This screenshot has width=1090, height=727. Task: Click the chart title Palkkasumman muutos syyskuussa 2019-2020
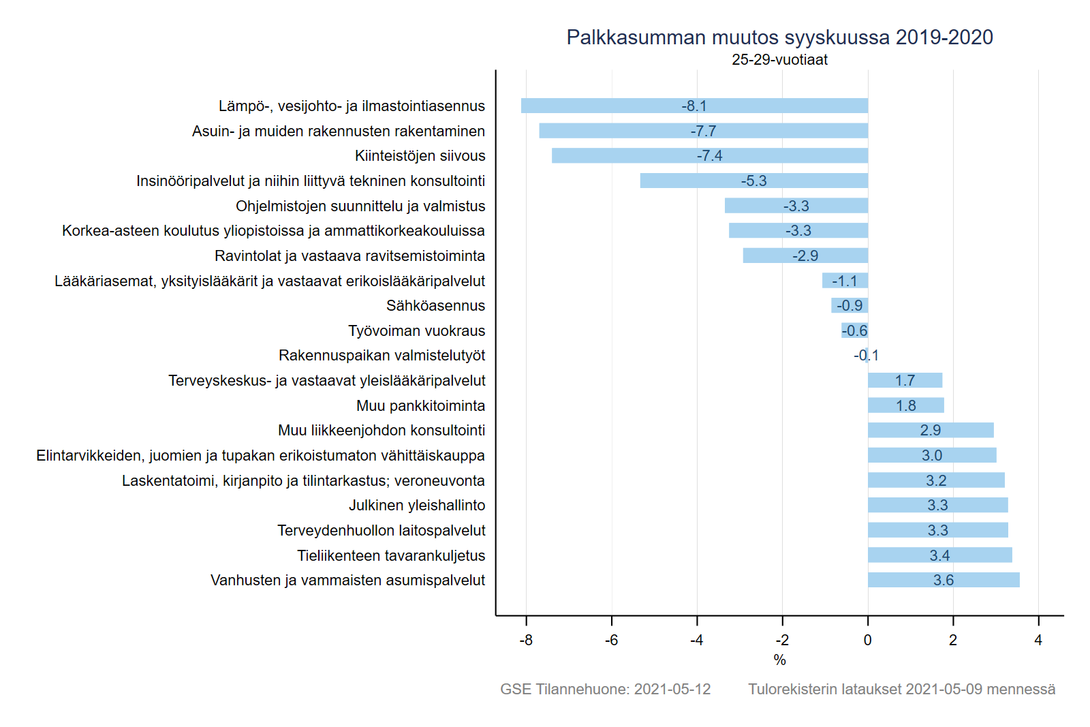779,37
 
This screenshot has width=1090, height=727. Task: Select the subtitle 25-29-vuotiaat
779,60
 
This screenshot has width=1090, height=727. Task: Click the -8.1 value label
694,106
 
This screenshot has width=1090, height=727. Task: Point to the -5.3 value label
753,181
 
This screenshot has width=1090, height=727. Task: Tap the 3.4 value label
939,556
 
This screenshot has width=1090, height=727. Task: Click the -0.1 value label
866,356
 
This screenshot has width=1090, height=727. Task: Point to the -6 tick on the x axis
611,640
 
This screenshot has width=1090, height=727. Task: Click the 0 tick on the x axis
867,640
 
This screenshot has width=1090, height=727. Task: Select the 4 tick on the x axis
1038,640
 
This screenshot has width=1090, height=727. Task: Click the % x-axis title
779,660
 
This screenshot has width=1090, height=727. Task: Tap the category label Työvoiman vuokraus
416,331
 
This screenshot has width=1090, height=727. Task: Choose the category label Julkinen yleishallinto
417,506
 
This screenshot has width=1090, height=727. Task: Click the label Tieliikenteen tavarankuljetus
391,556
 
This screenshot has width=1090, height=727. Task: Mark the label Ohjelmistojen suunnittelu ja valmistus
360,206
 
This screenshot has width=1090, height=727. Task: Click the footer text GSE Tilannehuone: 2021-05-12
605,690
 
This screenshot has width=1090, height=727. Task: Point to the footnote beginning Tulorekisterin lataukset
901,690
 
